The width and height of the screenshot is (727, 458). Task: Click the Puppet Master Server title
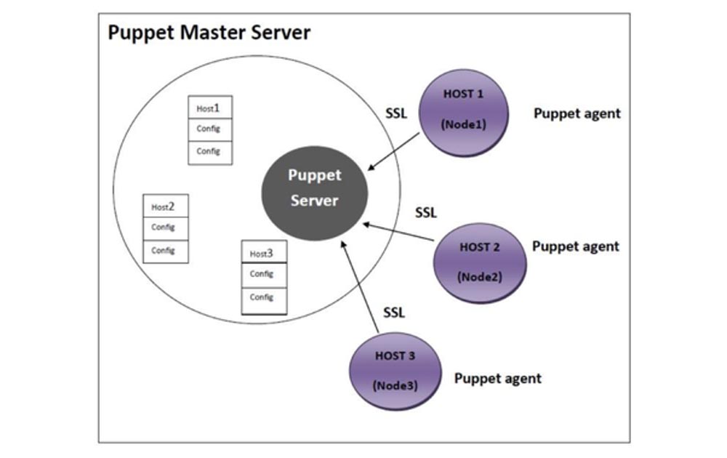pos(209,33)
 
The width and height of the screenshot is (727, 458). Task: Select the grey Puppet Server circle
pos(315,188)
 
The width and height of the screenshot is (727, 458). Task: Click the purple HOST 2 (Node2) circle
pos(479,262)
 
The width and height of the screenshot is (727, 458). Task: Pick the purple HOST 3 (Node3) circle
pos(395,371)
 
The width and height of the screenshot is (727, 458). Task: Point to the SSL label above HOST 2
pos(426,213)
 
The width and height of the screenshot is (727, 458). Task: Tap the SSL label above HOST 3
pos(394,313)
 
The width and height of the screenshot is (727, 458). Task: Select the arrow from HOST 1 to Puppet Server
pos(395,152)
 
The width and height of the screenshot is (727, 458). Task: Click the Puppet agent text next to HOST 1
pos(577,113)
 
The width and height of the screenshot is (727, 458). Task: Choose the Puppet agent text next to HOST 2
pos(576,246)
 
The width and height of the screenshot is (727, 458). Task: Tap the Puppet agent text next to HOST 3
pos(498,378)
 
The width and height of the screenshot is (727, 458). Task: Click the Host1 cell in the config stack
pos(210,108)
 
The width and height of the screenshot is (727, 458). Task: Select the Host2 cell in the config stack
pos(165,206)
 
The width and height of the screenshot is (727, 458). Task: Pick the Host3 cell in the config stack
pos(263,253)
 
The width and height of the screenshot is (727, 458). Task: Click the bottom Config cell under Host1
pos(210,152)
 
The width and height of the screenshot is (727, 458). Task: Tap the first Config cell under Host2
pos(165,228)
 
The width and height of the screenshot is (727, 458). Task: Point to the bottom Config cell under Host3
pos(263,298)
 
